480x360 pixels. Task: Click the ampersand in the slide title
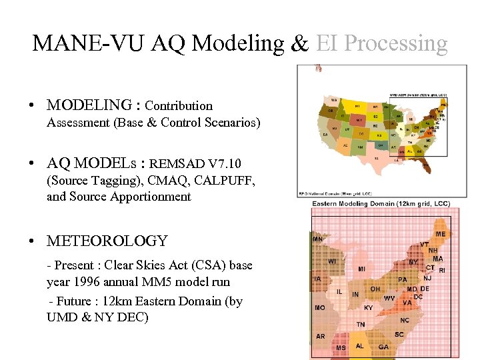pos(299,43)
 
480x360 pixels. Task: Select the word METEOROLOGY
pos(107,241)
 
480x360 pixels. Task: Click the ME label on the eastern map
pos(441,234)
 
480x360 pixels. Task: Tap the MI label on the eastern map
pos(361,269)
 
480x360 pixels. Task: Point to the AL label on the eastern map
pos(360,346)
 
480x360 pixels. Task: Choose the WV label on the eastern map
pos(389,297)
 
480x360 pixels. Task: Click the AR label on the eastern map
pos(320,336)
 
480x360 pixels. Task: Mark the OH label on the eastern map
pos(375,289)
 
